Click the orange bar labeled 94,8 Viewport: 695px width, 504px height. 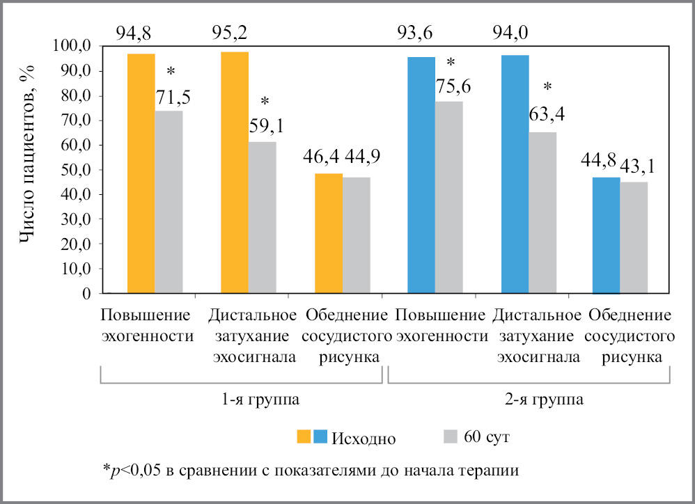(x=141, y=173)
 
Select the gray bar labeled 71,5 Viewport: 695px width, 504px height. (x=169, y=202)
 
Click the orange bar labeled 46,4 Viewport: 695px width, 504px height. (x=329, y=233)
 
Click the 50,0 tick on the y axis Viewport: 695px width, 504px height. (x=76, y=170)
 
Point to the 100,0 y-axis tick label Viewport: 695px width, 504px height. (x=72, y=47)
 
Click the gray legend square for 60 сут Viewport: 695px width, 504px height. (x=451, y=436)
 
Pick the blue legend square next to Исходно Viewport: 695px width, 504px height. (x=321, y=436)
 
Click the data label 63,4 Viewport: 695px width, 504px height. (x=547, y=113)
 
